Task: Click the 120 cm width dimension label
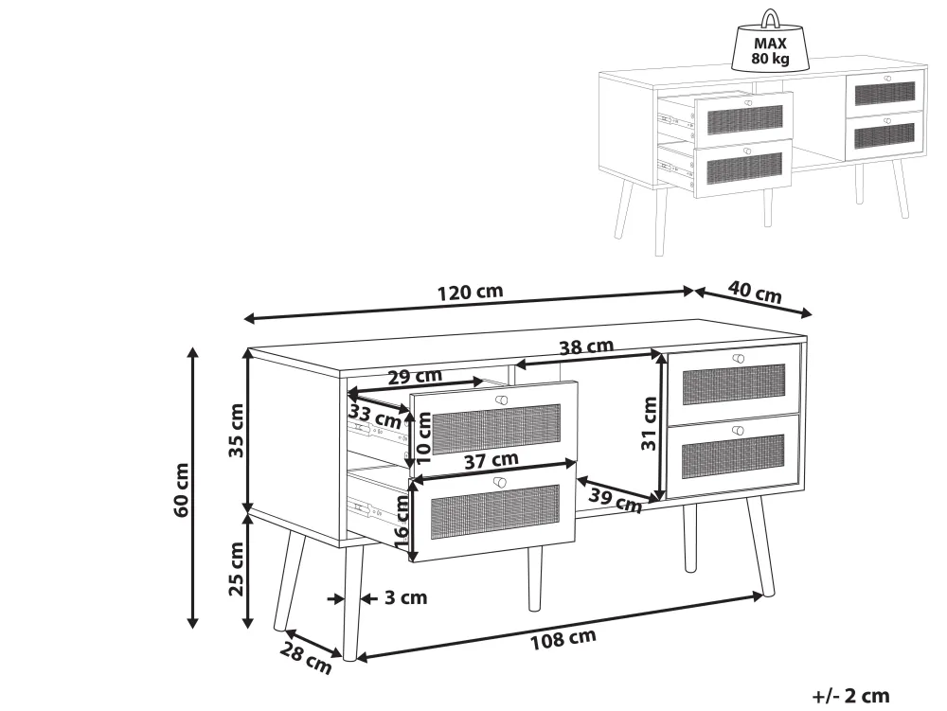click(x=470, y=293)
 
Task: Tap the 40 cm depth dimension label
click(x=755, y=293)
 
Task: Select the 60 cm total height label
click(x=181, y=489)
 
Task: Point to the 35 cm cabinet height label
click(x=236, y=431)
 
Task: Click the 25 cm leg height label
click(x=236, y=569)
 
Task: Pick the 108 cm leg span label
click(x=563, y=640)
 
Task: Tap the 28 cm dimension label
click(x=306, y=659)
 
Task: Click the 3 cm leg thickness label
click(x=406, y=597)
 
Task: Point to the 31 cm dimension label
click(x=650, y=423)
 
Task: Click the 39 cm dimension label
click(x=615, y=502)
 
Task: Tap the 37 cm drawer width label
click(x=491, y=460)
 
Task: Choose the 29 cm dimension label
click(x=415, y=377)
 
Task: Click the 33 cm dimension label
click(x=374, y=418)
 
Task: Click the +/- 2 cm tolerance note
click(x=851, y=696)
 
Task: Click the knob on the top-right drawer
click(x=738, y=359)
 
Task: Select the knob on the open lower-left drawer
click(x=499, y=482)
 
